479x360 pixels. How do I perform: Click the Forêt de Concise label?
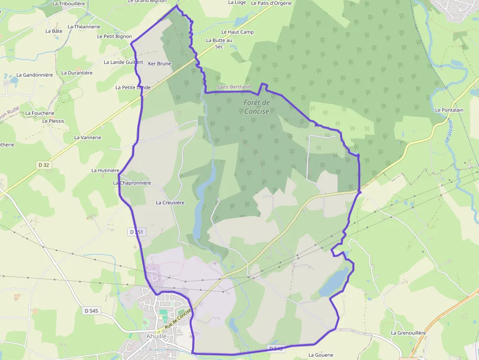click(257, 106)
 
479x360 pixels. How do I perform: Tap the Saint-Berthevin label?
click(234, 87)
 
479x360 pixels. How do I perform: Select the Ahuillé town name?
click(156, 336)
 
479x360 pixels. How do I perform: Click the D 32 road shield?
click(44, 165)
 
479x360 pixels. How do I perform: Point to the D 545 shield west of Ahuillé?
click(91, 311)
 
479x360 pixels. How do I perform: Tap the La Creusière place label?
click(170, 202)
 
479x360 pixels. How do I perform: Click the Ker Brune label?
click(159, 64)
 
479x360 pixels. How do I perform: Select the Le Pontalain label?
click(449, 110)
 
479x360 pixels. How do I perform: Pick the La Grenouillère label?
click(408, 333)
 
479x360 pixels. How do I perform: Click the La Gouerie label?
click(321, 355)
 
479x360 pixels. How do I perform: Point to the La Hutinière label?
click(106, 170)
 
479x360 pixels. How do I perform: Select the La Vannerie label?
click(87, 138)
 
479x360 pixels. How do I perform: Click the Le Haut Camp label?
click(238, 32)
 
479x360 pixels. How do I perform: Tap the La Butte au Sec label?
click(218, 43)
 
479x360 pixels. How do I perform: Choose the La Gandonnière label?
click(34, 75)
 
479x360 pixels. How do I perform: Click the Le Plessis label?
click(53, 121)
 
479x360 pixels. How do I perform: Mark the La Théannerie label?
click(84, 27)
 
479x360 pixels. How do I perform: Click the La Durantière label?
click(77, 73)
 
